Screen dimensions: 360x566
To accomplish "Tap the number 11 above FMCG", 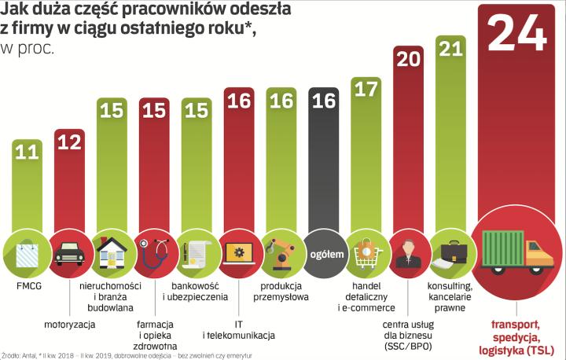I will click(28, 152).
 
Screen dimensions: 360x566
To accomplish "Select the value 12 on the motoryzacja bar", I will click(69, 142).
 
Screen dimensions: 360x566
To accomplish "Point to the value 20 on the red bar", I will click(409, 61).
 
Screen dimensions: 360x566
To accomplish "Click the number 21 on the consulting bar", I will click(451, 50).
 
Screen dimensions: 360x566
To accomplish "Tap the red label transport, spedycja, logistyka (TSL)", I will click(516, 337).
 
